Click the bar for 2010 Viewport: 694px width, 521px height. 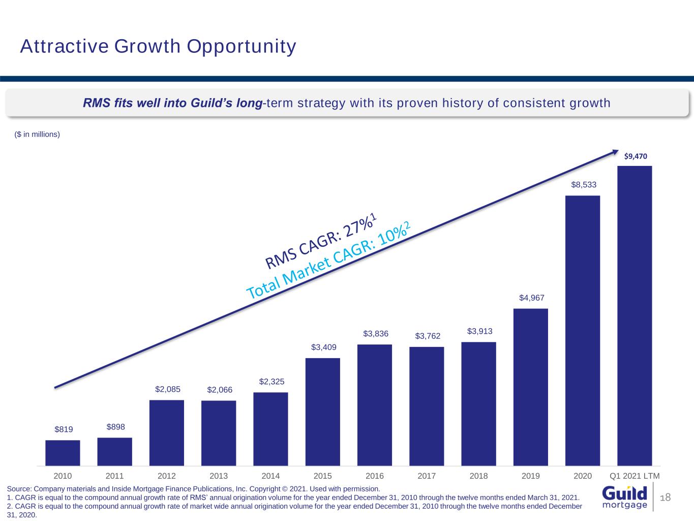coord(63,453)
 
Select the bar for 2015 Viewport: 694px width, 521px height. coord(323,412)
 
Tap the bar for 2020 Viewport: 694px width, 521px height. coord(583,331)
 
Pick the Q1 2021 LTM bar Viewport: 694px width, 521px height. coord(635,315)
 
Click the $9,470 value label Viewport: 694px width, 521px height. coord(636,156)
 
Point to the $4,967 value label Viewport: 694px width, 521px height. coord(532,298)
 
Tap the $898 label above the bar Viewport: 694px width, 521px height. coord(116,427)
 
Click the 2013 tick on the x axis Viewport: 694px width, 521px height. coord(219,476)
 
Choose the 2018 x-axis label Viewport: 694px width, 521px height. coord(478,476)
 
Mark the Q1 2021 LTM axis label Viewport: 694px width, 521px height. coord(635,476)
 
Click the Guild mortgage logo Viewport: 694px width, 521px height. coord(625,497)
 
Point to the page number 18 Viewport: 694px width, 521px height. coord(666,497)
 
